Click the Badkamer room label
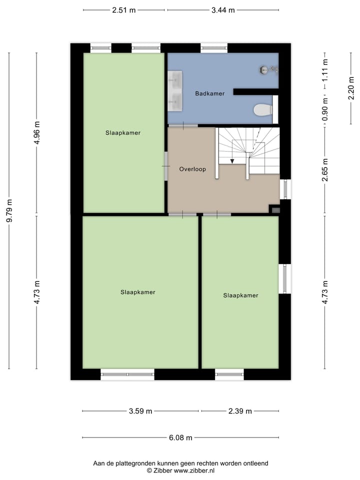209,93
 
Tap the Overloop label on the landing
192,169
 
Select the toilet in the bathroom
262,109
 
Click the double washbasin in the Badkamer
175,91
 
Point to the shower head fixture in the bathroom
264,70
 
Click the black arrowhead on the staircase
232,160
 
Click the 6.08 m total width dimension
181,438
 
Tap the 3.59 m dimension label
140,411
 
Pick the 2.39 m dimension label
239,411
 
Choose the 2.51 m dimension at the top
123,10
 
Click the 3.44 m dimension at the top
223,10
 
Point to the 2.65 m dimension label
325,169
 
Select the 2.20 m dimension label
351,92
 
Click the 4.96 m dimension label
36,132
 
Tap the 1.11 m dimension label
325,71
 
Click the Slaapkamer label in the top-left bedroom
123,133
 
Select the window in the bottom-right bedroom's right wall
285,278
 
